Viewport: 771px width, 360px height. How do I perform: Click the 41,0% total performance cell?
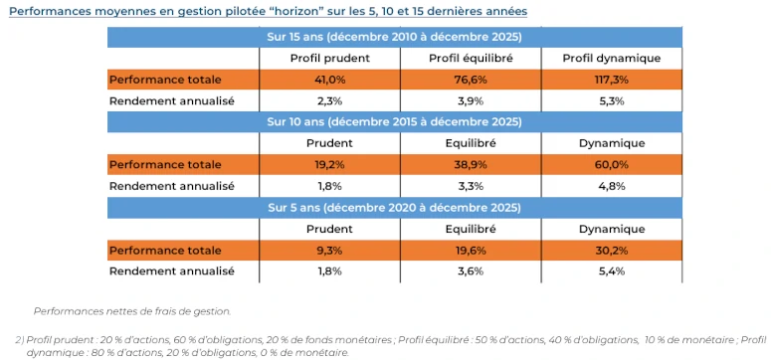coord(330,80)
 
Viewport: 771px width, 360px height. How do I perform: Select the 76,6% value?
coord(472,80)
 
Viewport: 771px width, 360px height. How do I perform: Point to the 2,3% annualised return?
coord(330,101)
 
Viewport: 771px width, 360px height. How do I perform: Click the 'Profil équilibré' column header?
coord(472,59)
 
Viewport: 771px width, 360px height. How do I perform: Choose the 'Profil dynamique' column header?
coord(612,59)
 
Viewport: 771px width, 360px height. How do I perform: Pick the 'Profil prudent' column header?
coord(330,59)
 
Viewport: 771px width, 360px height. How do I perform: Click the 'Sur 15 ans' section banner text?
coord(394,37)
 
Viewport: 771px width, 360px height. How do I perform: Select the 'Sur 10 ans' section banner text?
coord(394,122)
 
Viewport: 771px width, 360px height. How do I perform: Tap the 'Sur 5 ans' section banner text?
coord(394,208)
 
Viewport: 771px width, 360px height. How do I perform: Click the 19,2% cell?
coord(330,165)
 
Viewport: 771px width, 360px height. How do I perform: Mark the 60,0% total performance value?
coord(612,165)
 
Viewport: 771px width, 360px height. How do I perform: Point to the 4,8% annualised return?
coord(612,187)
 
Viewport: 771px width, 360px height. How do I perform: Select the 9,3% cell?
coord(330,251)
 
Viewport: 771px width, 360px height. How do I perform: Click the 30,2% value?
coord(612,251)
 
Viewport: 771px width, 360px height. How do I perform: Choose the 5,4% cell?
coord(612,271)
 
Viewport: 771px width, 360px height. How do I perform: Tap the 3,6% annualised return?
coord(472,271)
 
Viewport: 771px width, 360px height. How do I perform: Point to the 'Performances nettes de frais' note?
coord(132,311)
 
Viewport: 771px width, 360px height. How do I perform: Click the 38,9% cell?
coord(472,165)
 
